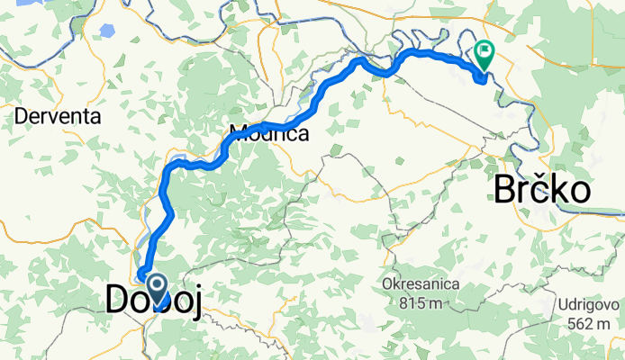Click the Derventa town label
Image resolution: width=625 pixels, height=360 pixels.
56,116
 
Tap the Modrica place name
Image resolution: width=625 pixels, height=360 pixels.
268,134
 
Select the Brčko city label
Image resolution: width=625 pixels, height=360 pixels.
542,191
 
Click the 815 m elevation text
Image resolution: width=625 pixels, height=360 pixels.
421,302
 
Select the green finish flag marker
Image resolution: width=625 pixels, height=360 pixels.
485,53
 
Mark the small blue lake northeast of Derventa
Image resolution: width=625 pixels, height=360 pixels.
107,30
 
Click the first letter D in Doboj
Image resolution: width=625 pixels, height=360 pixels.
115,300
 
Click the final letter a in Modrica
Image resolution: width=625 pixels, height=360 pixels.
303,135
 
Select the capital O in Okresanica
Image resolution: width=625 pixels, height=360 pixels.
387,284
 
